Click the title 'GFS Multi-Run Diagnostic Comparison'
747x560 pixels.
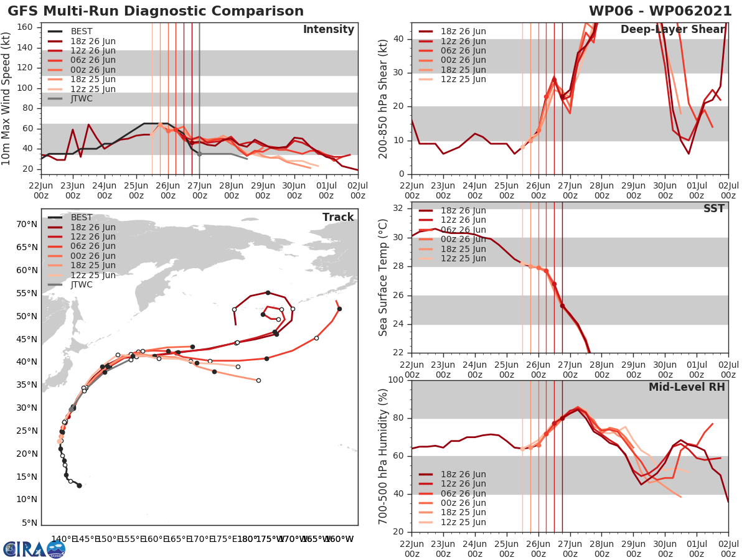[156, 11]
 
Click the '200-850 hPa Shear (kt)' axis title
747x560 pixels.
[384, 98]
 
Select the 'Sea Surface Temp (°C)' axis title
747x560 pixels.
[384, 278]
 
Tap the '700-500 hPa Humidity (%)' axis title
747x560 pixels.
[384, 455]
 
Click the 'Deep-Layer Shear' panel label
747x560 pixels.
[672, 30]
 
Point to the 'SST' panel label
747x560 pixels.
[713, 208]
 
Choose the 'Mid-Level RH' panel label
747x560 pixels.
[687, 387]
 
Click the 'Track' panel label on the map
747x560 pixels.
[338, 217]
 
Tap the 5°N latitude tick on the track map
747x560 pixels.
[29, 523]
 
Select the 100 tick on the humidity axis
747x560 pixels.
[397, 380]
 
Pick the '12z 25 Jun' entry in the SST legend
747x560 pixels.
[464, 259]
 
